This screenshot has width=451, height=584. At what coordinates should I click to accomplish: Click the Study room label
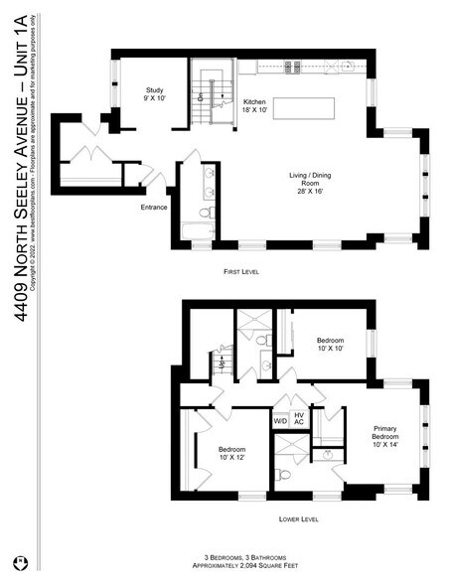coord(153,95)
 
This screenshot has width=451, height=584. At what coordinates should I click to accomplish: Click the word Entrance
coord(155,207)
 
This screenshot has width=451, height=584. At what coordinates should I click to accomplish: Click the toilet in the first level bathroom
coord(205,212)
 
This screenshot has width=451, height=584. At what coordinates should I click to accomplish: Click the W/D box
coord(281,421)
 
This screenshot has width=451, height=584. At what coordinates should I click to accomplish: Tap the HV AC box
coord(299,418)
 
